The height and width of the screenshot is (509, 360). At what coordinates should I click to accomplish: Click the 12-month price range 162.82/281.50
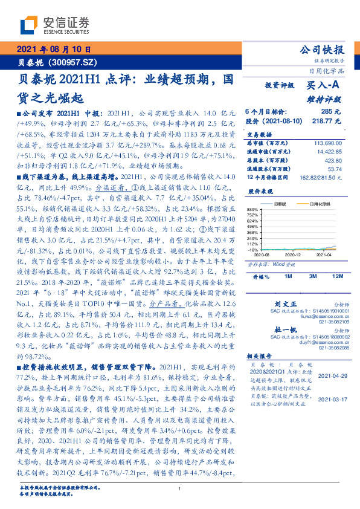point(322,177)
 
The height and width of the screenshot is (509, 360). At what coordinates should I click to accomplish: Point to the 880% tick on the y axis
point(252,210)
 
